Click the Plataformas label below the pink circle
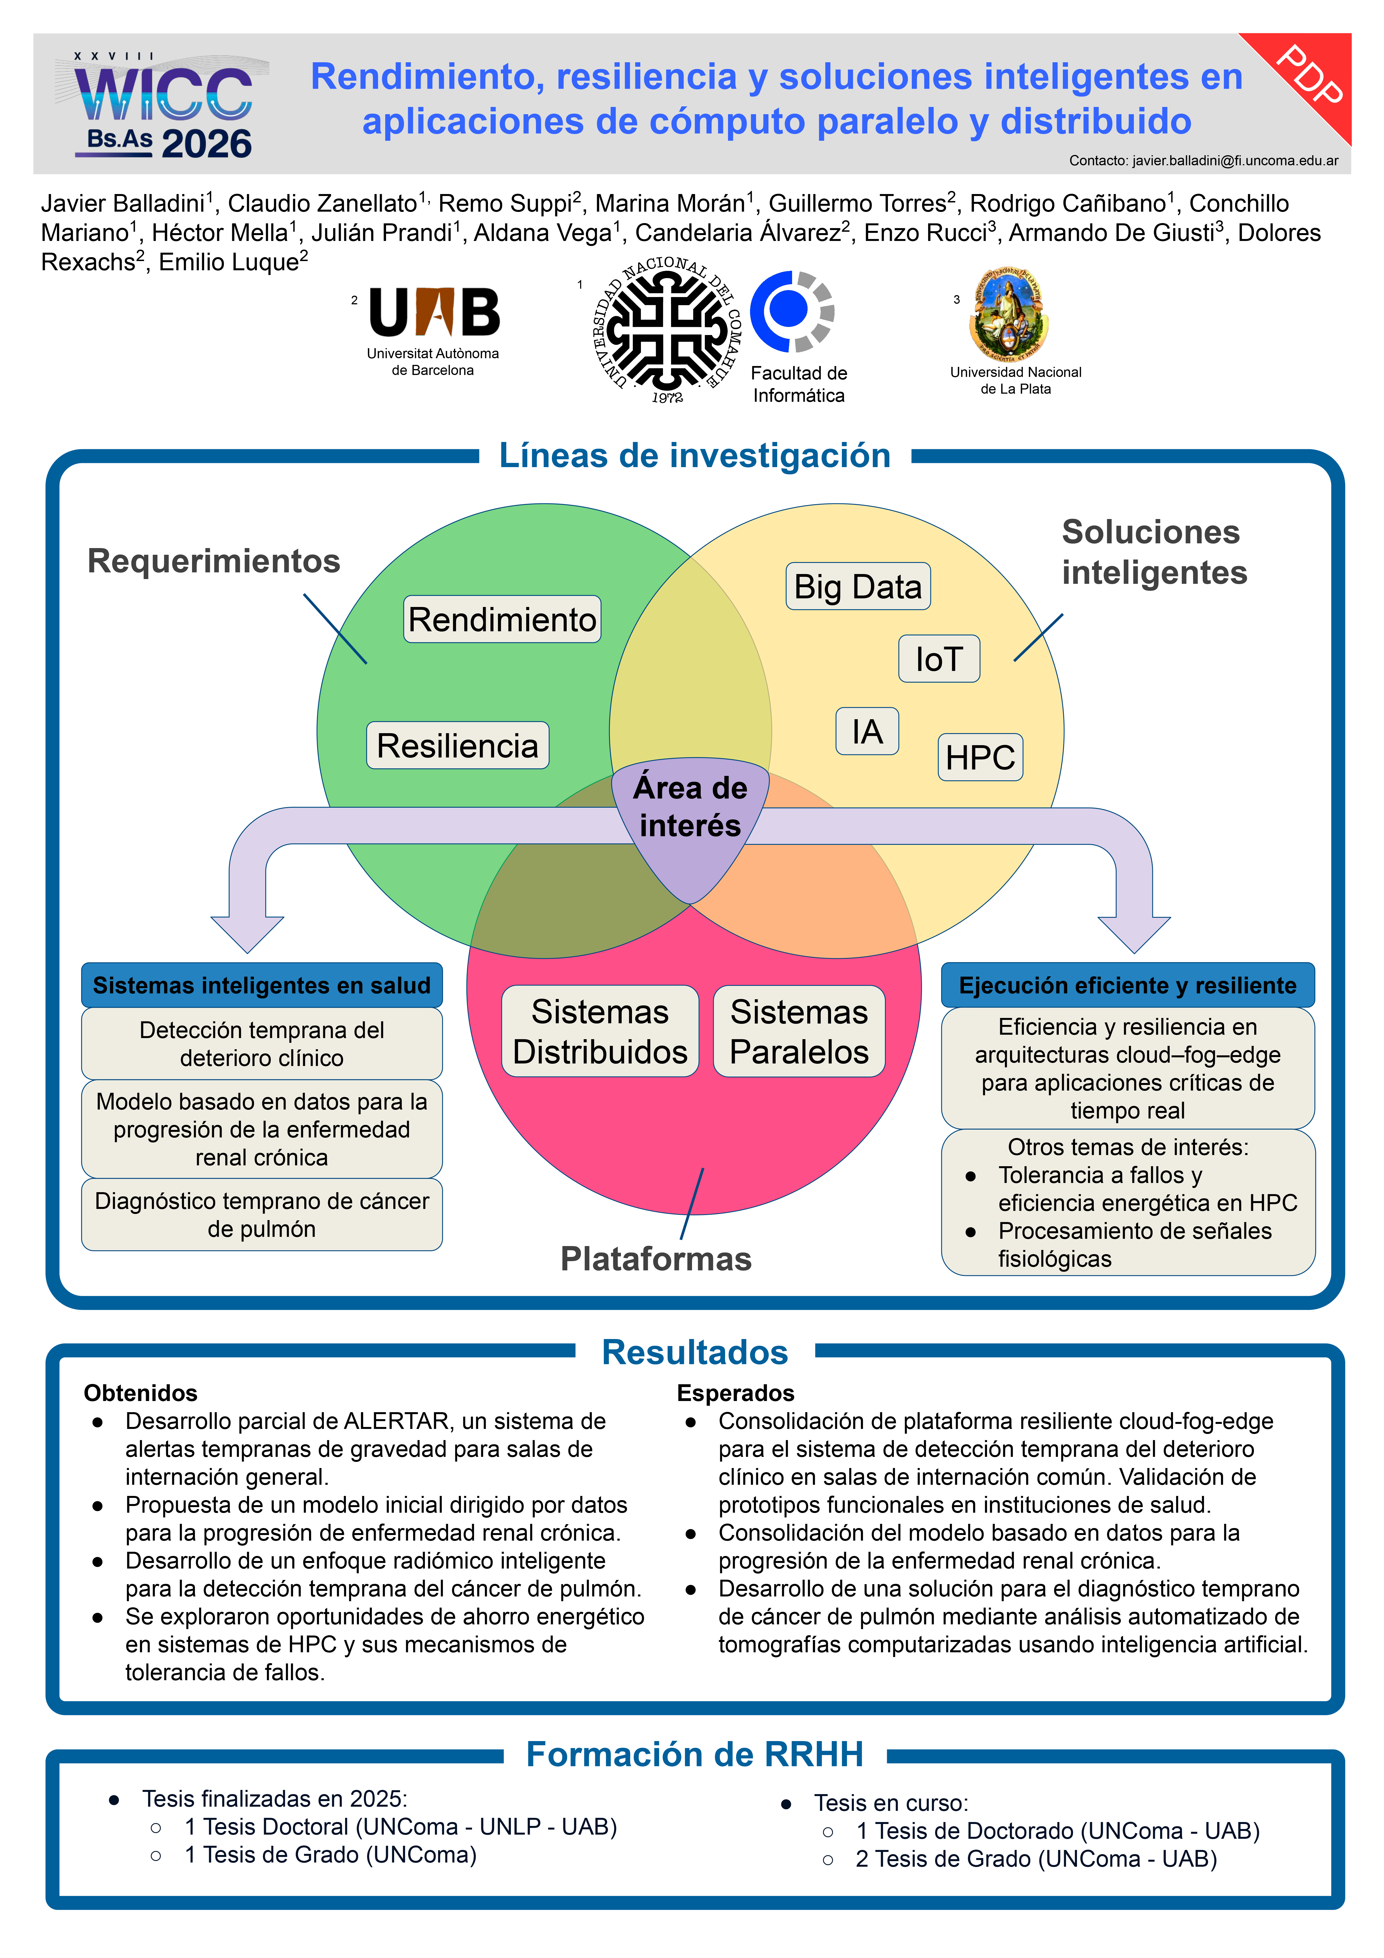656,1259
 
